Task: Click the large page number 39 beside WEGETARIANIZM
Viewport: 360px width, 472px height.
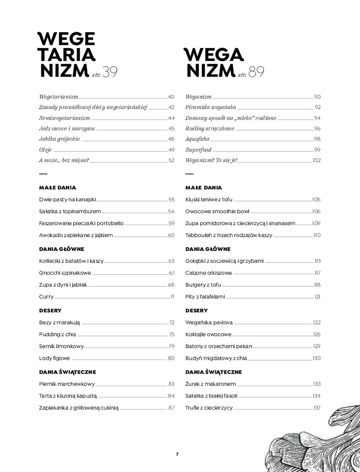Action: [x=110, y=72]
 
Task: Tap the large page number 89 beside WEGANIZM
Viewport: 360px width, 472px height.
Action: [x=257, y=72]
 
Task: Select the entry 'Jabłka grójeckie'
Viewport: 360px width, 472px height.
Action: [x=59, y=139]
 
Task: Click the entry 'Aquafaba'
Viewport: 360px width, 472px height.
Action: [x=197, y=139]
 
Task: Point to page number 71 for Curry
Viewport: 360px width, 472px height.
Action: [x=172, y=297]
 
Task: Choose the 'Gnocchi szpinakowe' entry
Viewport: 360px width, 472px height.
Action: [x=65, y=273]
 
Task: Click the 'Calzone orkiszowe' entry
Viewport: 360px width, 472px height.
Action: [x=209, y=273]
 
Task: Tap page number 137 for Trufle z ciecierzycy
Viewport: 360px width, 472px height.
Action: [x=317, y=408]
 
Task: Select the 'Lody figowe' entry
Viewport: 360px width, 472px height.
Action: [x=54, y=358]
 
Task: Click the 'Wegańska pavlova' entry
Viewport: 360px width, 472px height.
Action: [x=209, y=323]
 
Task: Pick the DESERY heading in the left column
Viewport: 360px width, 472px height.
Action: [x=50, y=311]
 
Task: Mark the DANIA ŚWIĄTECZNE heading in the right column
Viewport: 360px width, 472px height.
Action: [x=214, y=372]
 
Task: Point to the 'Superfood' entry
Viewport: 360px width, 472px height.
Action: [x=198, y=150]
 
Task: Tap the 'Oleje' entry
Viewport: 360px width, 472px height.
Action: [x=46, y=150]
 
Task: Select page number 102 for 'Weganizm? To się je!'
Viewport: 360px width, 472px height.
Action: [x=316, y=160]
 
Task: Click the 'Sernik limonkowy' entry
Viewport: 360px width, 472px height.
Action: [x=61, y=347]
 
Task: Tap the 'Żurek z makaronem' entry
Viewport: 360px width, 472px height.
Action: [x=210, y=384]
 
